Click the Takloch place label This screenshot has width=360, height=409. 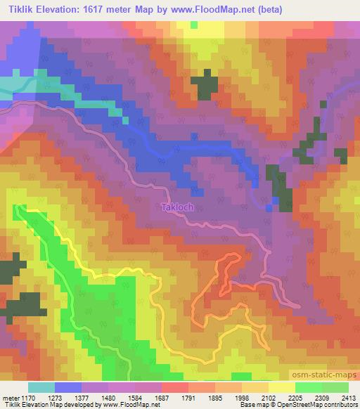coord(176,208)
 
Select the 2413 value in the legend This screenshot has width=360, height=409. coord(347,397)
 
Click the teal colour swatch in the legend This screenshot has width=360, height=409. coord(41,387)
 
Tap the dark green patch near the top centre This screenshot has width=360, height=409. coord(205,86)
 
